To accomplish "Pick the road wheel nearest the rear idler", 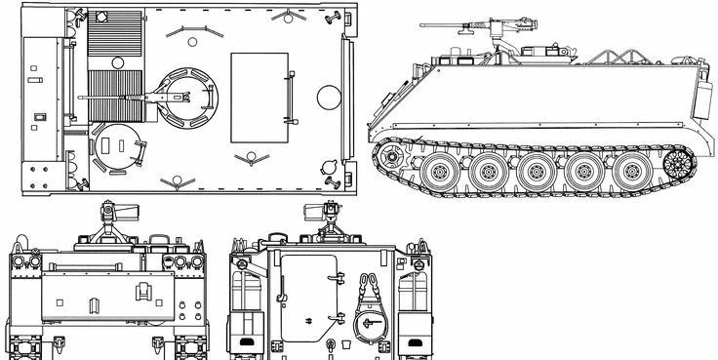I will tap(630, 173).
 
